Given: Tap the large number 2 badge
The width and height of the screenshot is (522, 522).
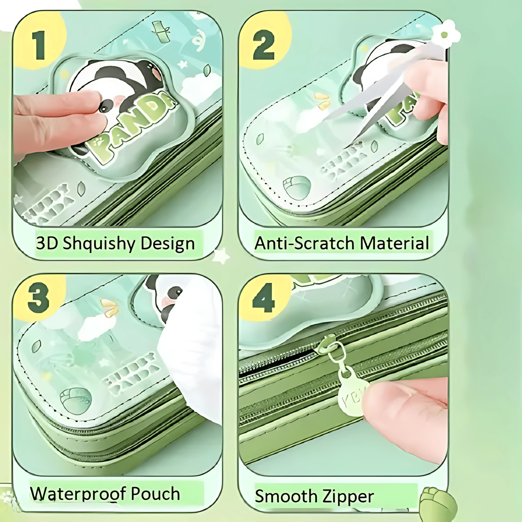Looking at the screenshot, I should tap(264, 45).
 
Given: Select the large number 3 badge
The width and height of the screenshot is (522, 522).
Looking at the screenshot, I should tap(38, 298).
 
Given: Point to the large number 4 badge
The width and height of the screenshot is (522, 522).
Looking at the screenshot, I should tap(263, 298).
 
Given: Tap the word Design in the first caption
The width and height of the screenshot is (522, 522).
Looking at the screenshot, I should tap(168, 243).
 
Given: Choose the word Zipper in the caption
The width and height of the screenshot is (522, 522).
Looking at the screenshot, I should tap(348, 496).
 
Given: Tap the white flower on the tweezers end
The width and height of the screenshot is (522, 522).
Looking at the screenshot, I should tap(445, 34).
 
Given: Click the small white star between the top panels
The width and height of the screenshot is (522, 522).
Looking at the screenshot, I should tap(222, 256).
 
